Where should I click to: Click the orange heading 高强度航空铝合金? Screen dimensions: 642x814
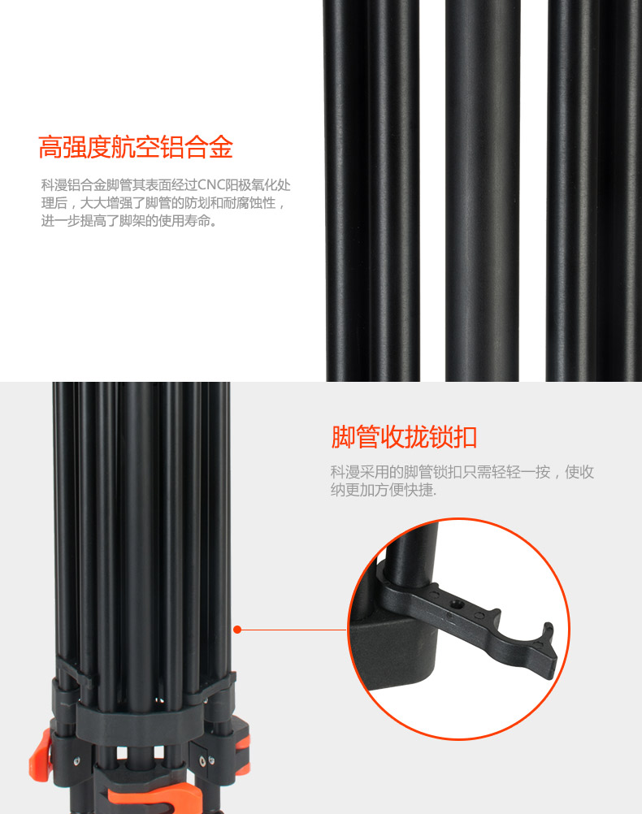tap(136, 147)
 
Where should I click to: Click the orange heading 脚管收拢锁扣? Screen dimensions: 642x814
tap(404, 436)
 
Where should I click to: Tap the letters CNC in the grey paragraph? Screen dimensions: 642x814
tap(210, 184)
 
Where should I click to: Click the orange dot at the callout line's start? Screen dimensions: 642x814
tap(237, 630)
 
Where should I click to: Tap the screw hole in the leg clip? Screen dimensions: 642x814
tap(457, 604)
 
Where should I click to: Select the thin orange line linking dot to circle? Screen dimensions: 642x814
tap(294, 630)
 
